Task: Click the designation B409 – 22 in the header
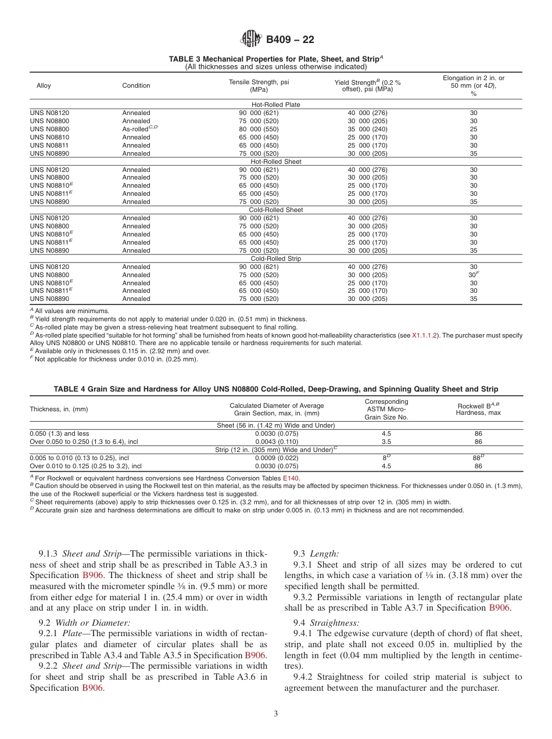[x=290, y=40]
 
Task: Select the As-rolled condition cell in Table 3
[x=139, y=129]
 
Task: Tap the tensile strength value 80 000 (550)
[x=259, y=129]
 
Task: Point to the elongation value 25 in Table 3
[x=473, y=129]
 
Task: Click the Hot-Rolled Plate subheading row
[x=276, y=105]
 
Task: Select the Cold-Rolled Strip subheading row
[x=276, y=259]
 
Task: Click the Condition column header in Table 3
[x=136, y=85]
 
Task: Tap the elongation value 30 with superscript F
[x=474, y=274]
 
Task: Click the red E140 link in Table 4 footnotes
[x=291, y=478]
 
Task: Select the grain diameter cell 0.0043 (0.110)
[x=277, y=442]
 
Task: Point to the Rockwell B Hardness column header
[x=478, y=409]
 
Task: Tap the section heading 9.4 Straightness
[x=327, y=622]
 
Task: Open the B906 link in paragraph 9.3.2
[x=500, y=608]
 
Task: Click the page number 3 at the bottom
[x=276, y=713]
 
